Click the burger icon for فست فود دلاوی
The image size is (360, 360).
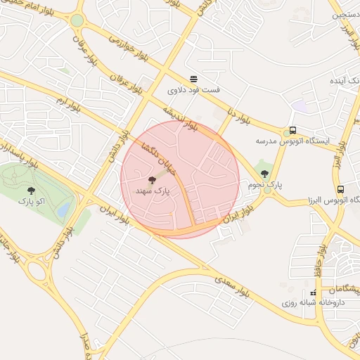[x=193, y=78]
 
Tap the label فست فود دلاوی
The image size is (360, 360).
[x=193, y=90]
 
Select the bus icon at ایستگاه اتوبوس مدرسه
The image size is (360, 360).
[x=292, y=130]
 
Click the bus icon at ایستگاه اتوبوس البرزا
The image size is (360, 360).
[x=340, y=189]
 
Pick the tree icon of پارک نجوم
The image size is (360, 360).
[x=264, y=173]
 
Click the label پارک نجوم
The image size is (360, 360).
[x=264, y=184]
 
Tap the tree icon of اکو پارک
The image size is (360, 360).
[x=31, y=190]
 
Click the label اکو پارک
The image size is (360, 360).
[x=31, y=201]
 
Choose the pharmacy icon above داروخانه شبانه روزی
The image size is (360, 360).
[x=313, y=292]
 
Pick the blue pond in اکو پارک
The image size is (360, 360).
[x=63, y=210]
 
